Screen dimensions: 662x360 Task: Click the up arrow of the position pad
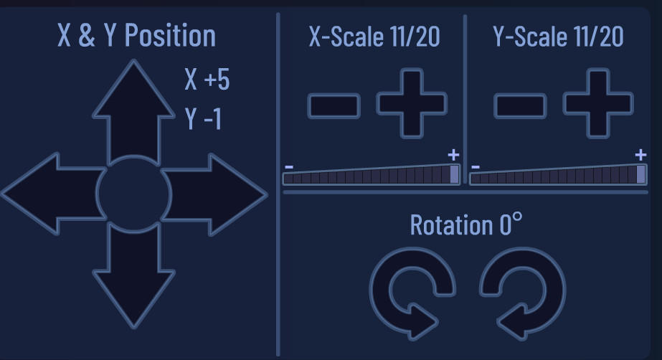tap(134, 114)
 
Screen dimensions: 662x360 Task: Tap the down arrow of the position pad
tap(134, 275)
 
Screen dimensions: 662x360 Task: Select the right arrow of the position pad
tap(213, 194)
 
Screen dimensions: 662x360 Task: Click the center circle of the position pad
tap(134, 194)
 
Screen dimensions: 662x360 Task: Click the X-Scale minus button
tap(334, 106)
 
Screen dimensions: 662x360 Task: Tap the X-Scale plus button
tap(412, 104)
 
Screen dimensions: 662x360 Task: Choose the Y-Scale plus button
tap(598, 104)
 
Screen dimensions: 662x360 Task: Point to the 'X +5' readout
tap(207, 79)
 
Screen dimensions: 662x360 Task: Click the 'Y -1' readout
tap(203, 118)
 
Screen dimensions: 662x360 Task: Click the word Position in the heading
tap(170, 35)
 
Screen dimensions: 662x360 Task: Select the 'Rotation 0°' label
tap(466, 224)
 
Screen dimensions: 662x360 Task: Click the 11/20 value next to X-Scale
tap(415, 37)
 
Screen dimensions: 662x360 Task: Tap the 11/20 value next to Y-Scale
tap(599, 37)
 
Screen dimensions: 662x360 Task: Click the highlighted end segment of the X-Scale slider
tap(455, 174)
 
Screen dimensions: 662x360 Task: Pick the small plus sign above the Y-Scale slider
tap(640, 155)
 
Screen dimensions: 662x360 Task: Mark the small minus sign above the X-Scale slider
tap(289, 167)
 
